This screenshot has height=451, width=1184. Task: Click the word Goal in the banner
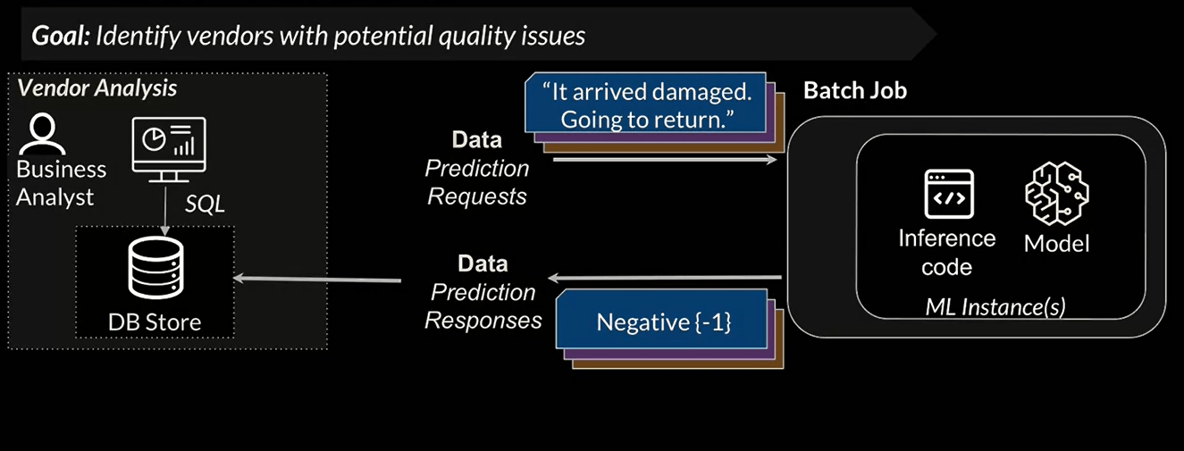(59, 36)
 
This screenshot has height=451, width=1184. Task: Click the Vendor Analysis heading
(97, 88)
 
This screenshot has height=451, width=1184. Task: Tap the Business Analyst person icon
(42, 135)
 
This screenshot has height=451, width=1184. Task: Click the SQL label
(205, 205)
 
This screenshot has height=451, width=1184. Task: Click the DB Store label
(155, 322)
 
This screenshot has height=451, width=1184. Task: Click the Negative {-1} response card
(663, 322)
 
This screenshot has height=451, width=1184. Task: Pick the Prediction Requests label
(477, 182)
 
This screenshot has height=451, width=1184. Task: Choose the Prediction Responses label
(483, 305)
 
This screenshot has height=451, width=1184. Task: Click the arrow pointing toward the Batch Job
(665, 160)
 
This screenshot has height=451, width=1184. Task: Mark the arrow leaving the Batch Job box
(665, 277)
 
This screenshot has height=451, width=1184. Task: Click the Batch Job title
(854, 90)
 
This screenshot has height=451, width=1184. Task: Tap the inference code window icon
(946, 194)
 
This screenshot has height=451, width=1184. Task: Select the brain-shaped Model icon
(1056, 192)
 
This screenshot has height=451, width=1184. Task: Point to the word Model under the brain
(1056, 243)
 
